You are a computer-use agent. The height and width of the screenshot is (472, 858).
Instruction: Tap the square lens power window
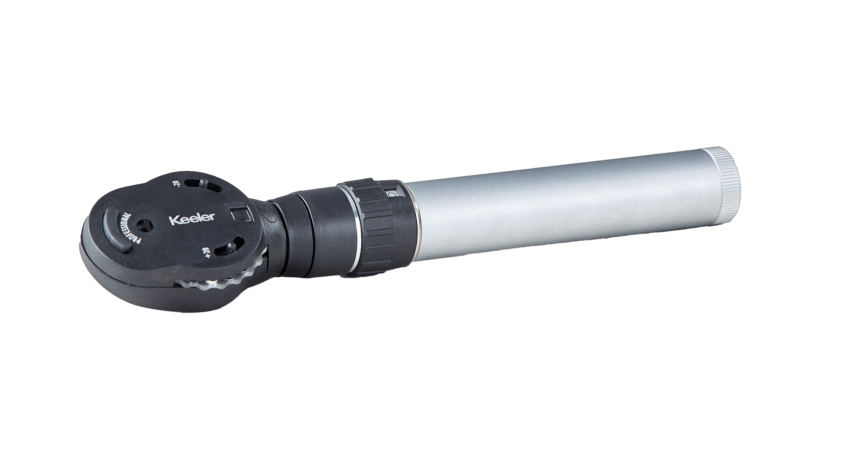tap(239, 213)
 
